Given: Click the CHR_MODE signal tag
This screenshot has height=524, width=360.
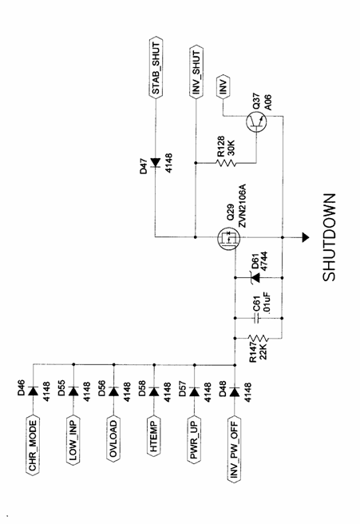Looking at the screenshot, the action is tap(33, 445).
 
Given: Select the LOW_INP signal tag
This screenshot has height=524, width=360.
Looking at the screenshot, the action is tap(73, 440).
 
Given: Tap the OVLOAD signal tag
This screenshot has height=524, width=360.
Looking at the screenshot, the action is tap(113, 439).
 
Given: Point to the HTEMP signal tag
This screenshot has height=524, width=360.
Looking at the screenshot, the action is tap(154, 435).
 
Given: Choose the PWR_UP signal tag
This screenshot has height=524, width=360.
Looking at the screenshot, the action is tap(194, 439).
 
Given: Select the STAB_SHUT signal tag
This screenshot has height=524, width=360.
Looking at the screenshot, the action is tap(156, 67).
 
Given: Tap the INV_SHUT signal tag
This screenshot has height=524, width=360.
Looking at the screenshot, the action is tap(196, 72).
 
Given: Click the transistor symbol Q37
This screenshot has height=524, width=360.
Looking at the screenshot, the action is tap(256, 122).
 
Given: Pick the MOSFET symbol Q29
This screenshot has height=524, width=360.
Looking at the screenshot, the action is tap(229, 238).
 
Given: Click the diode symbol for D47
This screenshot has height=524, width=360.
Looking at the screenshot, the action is tap(156, 162).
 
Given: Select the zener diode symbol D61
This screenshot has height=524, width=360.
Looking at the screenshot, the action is tap(256, 278).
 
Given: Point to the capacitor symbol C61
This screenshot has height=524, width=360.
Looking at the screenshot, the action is tap(256, 318).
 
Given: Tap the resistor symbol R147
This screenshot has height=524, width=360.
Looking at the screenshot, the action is tap(258, 338).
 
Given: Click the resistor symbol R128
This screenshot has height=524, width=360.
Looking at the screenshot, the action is tap(226, 163).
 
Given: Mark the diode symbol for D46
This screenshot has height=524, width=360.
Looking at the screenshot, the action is tap(33, 391).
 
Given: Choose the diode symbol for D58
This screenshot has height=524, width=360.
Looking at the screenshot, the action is tap(154, 391).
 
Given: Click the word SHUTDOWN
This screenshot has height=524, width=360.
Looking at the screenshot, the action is tap(329, 237).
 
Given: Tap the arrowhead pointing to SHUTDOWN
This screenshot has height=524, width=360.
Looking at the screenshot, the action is tap(305, 237).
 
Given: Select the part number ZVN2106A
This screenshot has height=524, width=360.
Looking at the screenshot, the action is tap(242, 204).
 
